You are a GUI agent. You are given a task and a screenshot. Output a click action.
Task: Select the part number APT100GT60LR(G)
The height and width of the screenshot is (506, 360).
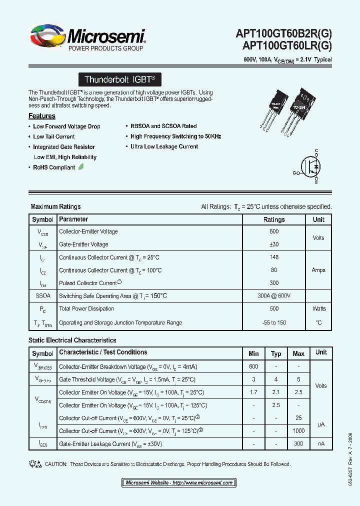click(286, 45)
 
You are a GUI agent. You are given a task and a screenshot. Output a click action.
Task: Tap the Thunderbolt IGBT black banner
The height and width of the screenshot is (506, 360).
click(120, 79)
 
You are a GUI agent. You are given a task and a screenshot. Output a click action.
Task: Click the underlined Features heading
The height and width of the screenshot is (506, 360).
click(42, 116)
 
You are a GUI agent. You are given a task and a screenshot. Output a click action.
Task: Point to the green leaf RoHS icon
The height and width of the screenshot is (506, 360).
click(81, 167)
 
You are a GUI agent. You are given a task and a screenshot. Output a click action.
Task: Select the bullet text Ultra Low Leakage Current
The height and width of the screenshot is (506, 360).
click(164, 146)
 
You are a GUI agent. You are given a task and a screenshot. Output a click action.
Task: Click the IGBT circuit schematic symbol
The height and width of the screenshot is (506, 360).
click(312, 167)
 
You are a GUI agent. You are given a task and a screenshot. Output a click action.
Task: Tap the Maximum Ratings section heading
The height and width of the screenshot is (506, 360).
click(55, 206)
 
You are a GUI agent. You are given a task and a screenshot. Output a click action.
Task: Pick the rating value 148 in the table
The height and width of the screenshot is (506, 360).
click(274, 257)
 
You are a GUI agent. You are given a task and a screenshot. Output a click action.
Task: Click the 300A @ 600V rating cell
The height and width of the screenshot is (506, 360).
click(274, 296)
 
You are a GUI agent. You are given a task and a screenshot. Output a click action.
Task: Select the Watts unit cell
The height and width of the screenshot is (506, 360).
click(318, 308)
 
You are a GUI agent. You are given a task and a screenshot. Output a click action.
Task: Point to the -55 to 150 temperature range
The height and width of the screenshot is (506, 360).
click(274, 322)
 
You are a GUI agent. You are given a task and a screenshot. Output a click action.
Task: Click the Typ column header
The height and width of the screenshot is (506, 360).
click(276, 353)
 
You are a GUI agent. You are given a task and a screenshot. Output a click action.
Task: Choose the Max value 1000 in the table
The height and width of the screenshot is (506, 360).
click(298, 431)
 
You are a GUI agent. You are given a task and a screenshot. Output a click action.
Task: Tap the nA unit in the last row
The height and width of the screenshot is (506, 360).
click(321, 444)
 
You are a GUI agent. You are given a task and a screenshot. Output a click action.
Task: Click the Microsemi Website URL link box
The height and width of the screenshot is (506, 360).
click(178, 483)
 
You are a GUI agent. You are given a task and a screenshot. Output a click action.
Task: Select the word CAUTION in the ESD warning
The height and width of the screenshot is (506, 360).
click(56, 464)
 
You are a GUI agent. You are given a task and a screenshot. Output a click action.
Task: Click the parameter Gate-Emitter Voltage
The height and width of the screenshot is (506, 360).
click(83, 244)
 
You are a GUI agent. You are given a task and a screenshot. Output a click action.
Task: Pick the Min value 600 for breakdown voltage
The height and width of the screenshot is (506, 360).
click(253, 366)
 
